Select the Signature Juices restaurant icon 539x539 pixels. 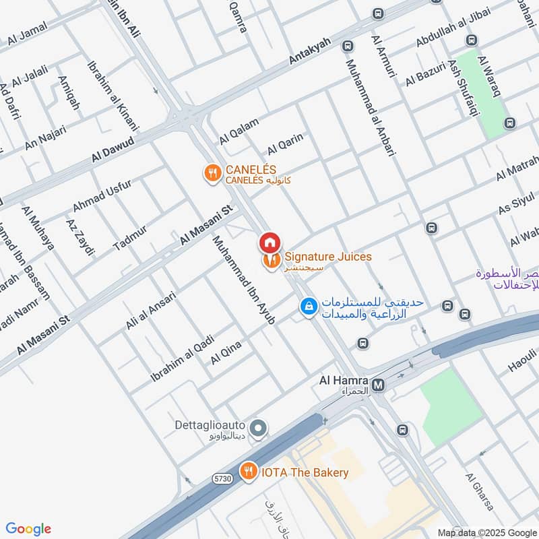(x=272, y=259)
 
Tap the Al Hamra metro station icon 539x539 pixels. (x=378, y=385)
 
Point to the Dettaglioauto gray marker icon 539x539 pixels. (x=257, y=428)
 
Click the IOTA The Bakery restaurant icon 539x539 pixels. (x=249, y=472)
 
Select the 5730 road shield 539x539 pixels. (x=223, y=478)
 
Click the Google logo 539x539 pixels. (x=28, y=529)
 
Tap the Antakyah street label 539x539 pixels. (x=310, y=52)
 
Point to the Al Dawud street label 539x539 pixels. (x=116, y=150)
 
